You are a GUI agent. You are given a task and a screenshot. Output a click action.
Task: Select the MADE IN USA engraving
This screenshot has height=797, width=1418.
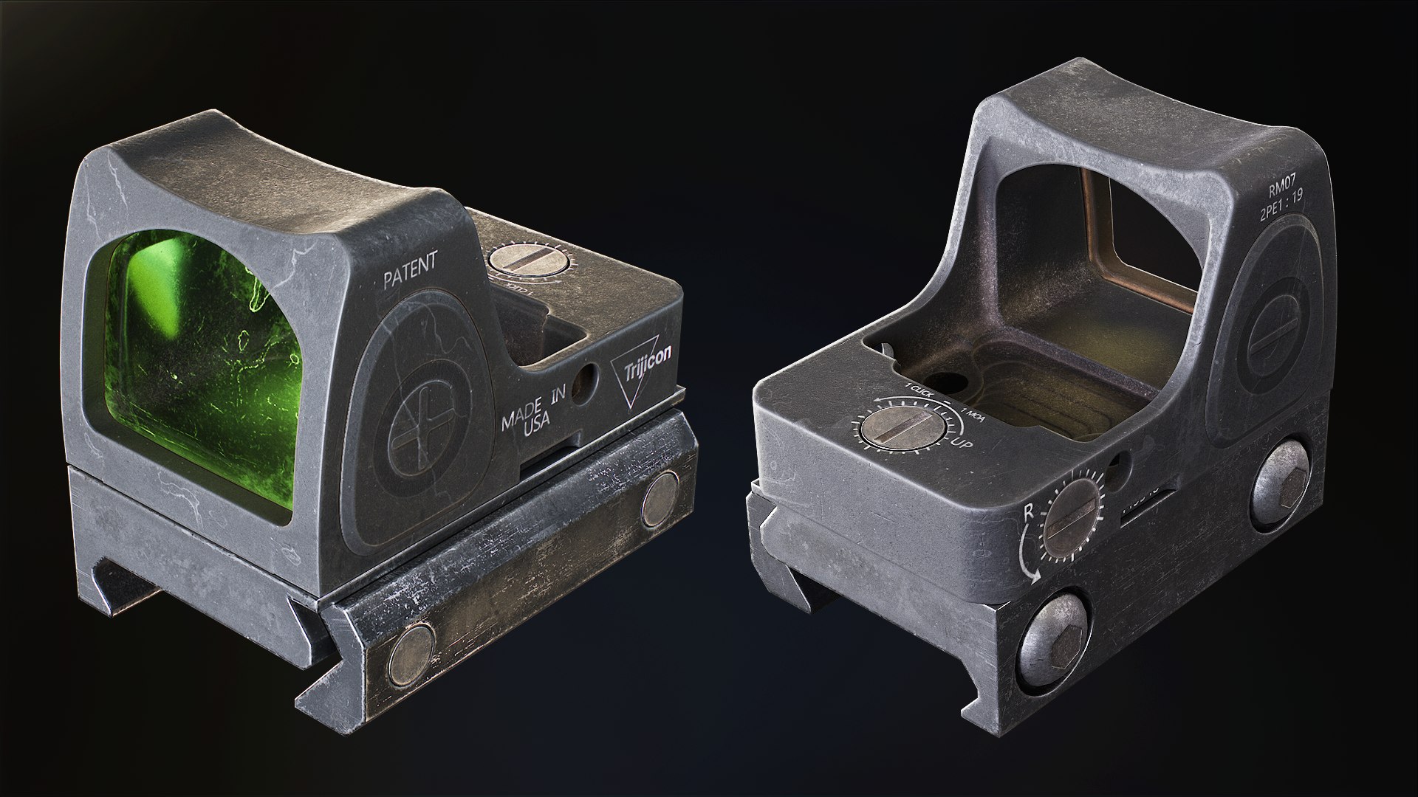(x=532, y=416)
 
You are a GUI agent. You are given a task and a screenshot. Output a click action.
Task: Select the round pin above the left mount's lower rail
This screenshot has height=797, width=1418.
(x=660, y=500)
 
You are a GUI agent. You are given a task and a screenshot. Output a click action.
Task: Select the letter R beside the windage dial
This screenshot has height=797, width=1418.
(x=1027, y=513)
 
